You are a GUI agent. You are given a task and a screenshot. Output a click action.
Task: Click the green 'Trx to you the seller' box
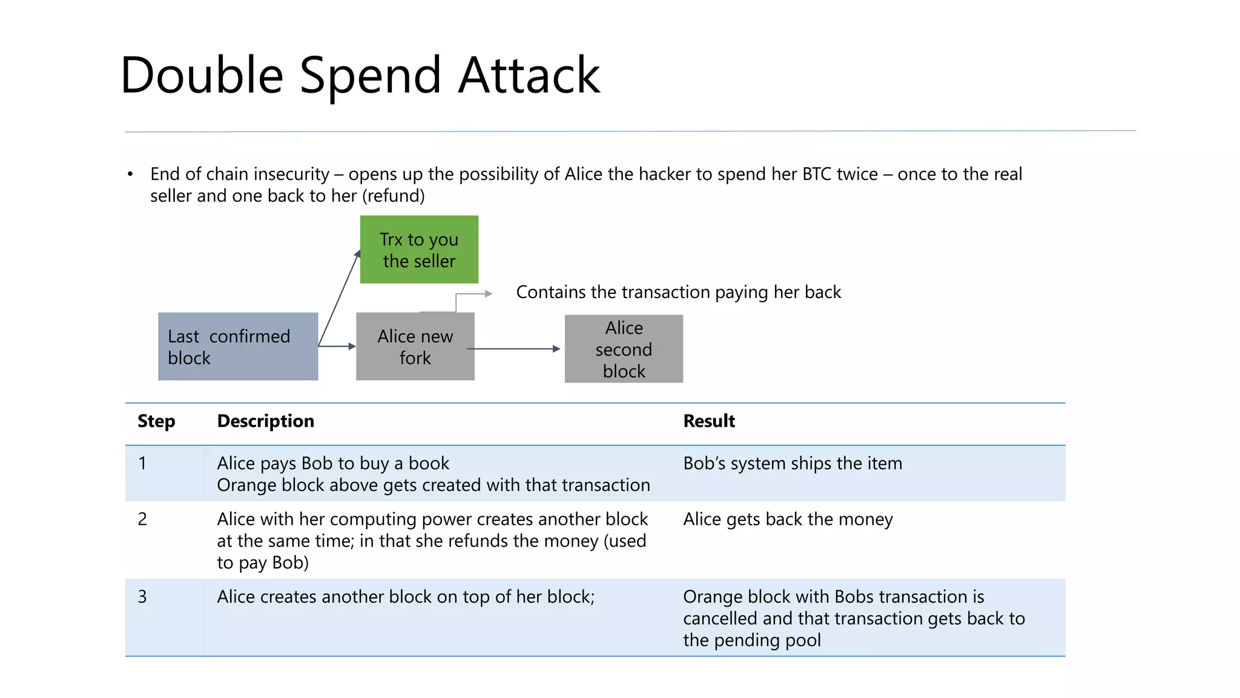pos(419,250)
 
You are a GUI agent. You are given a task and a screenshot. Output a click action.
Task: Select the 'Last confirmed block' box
pos(238,347)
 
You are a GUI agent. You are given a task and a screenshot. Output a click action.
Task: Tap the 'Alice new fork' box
pos(415,347)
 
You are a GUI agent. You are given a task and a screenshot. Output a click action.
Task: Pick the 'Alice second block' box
pos(624,349)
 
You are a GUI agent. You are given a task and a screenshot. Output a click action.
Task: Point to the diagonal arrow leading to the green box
pos(339,298)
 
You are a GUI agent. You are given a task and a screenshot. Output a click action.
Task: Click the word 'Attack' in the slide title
pos(529,75)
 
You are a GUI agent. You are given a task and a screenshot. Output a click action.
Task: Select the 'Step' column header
pos(156,421)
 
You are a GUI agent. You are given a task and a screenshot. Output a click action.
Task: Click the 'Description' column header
pos(265,421)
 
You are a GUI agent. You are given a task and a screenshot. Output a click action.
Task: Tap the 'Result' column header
pos(709,421)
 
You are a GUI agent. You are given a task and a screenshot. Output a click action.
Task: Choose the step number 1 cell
pos(142,464)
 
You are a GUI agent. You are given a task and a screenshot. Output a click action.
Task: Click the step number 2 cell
pos(142,519)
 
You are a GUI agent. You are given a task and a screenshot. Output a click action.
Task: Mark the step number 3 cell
pos(142,597)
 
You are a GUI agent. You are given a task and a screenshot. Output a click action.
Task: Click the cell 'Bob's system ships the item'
pos(793,464)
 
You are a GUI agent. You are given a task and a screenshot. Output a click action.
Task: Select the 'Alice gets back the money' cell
pos(788,519)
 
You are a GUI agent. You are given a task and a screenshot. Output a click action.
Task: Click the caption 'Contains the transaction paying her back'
pos(678,292)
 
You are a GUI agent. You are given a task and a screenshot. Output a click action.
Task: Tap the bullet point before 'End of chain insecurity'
pos(130,174)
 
